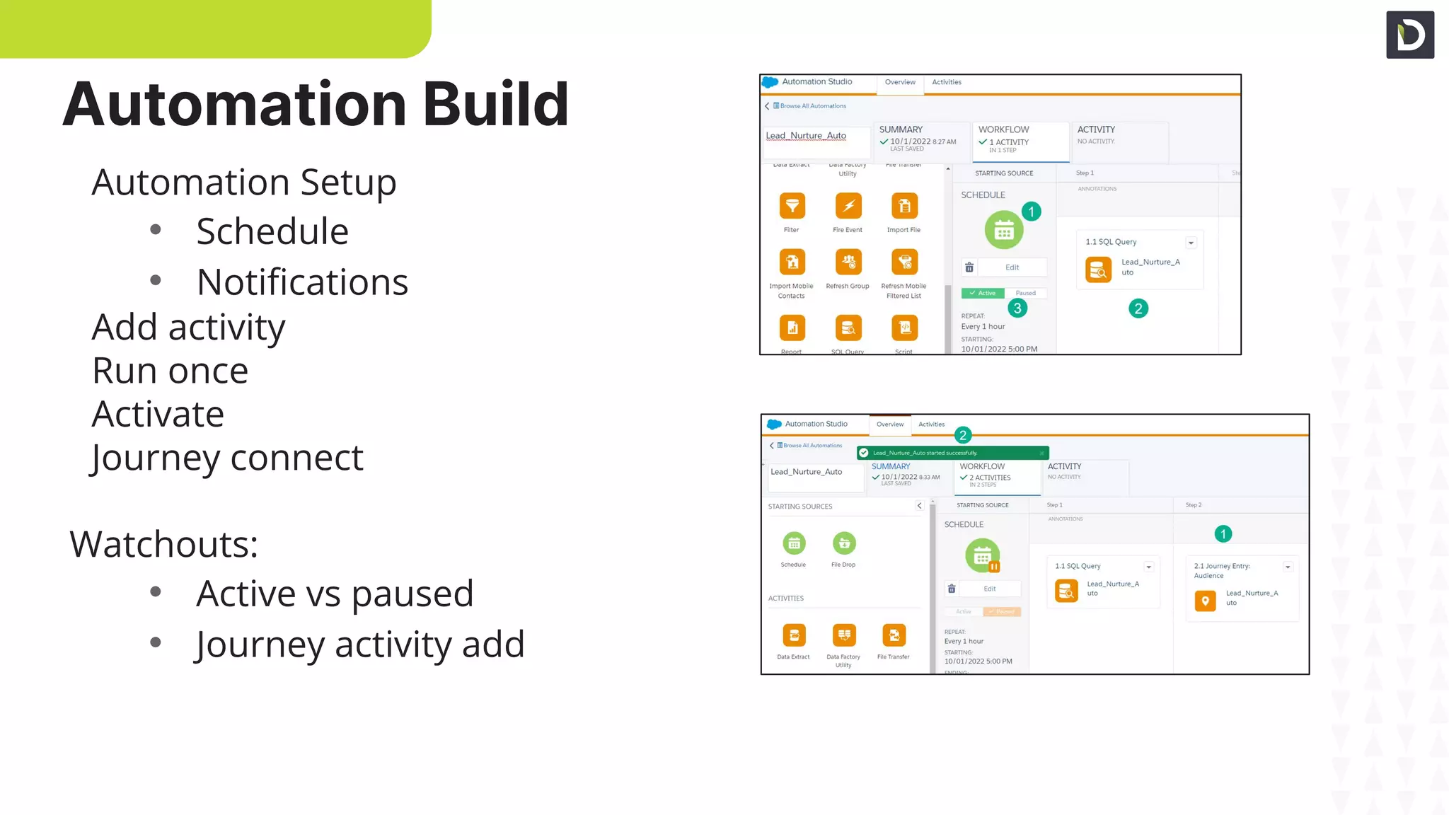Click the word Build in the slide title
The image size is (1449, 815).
click(x=495, y=105)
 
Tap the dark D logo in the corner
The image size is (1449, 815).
click(x=1410, y=35)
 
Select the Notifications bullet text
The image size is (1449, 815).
click(x=302, y=282)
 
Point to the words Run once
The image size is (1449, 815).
click(x=170, y=371)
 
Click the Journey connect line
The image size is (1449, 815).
click(x=227, y=458)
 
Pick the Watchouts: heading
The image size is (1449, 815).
click(x=163, y=544)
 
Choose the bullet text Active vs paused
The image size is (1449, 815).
click(x=335, y=594)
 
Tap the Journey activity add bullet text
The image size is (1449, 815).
click(x=360, y=645)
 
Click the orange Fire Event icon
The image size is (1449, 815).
click(x=848, y=206)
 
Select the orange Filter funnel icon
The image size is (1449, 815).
click(x=792, y=206)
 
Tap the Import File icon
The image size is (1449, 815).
click(x=904, y=206)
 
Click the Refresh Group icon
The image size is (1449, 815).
click(x=848, y=262)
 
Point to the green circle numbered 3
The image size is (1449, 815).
click(x=1017, y=308)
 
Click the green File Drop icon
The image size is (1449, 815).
click(x=844, y=543)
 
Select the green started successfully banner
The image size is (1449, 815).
click(x=952, y=453)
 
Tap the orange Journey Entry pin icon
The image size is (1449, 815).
click(x=1205, y=601)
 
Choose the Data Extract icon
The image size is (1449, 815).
click(x=794, y=635)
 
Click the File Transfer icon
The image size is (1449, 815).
click(x=894, y=635)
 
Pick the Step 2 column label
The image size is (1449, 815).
click(x=1194, y=505)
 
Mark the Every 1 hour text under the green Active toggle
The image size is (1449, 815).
click(x=983, y=327)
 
